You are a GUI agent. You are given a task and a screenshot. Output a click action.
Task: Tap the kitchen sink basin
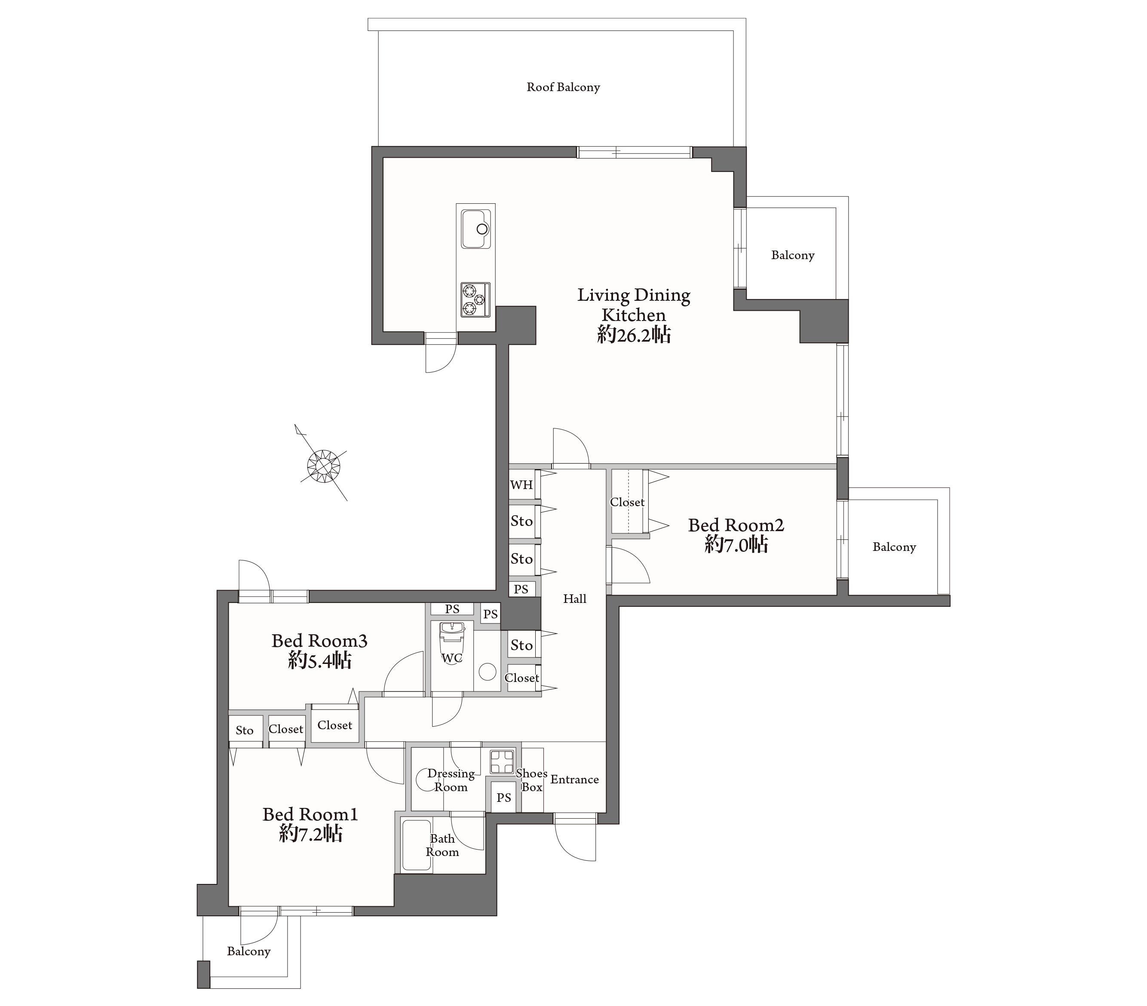point(476,229)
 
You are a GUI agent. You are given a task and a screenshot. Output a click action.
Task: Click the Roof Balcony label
point(563,87)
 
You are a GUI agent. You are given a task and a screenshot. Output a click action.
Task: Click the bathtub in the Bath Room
point(417,845)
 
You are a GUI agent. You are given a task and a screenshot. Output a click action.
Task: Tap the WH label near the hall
point(521,485)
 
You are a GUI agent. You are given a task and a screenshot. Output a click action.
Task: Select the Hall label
point(575,599)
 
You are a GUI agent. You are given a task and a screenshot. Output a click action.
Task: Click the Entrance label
point(575,780)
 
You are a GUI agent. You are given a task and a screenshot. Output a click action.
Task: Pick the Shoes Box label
point(531,780)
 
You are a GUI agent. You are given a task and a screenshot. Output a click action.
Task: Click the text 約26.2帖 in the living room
point(634,335)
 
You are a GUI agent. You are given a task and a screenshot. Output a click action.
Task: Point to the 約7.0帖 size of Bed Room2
point(736,544)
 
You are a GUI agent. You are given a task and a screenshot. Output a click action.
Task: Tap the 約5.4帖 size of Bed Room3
point(320,660)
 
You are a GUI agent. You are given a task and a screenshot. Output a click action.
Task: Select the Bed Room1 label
point(310,814)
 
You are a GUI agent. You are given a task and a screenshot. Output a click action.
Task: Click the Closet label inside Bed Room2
point(627,502)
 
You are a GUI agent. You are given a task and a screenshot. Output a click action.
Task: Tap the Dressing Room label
point(451,780)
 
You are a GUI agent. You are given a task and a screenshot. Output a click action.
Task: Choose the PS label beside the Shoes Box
point(504,797)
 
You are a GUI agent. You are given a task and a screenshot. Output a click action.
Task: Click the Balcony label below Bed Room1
point(248,951)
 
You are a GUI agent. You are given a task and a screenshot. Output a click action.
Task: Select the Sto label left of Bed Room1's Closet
point(245,730)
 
